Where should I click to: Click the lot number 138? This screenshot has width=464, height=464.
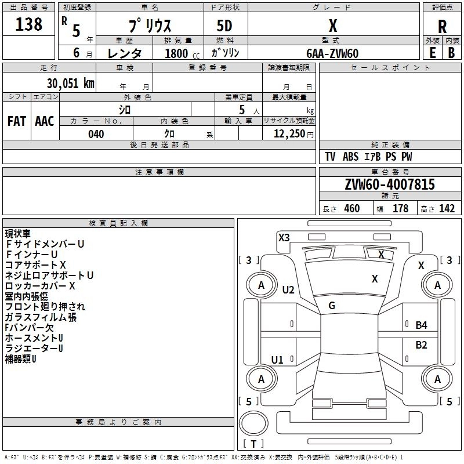tap(29, 24)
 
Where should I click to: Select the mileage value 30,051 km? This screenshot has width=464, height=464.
tap(68, 83)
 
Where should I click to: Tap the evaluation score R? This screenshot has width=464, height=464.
tap(442, 27)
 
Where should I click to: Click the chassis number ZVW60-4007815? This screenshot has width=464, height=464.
tap(390, 184)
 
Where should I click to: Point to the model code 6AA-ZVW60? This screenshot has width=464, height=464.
tap(332, 53)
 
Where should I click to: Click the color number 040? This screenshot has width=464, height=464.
tap(96, 134)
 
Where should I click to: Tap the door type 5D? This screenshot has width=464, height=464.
tap(225, 26)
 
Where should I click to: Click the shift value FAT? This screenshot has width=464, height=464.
tap(16, 121)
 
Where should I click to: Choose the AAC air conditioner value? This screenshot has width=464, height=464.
tap(45, 121)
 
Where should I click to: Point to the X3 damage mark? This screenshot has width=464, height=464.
tap(284, 237)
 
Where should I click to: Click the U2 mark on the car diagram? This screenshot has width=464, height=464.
tap(288, 290)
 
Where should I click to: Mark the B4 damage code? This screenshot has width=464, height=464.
tap(421, 325)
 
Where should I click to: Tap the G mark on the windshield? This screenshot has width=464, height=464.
tap(332, 306)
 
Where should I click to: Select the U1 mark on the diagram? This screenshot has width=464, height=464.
tap(277, 360)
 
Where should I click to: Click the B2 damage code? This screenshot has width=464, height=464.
tap(421, 345)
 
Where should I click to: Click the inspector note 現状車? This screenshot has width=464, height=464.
tap(18, 234)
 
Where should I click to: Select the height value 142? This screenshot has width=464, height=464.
tap(447, 209)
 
